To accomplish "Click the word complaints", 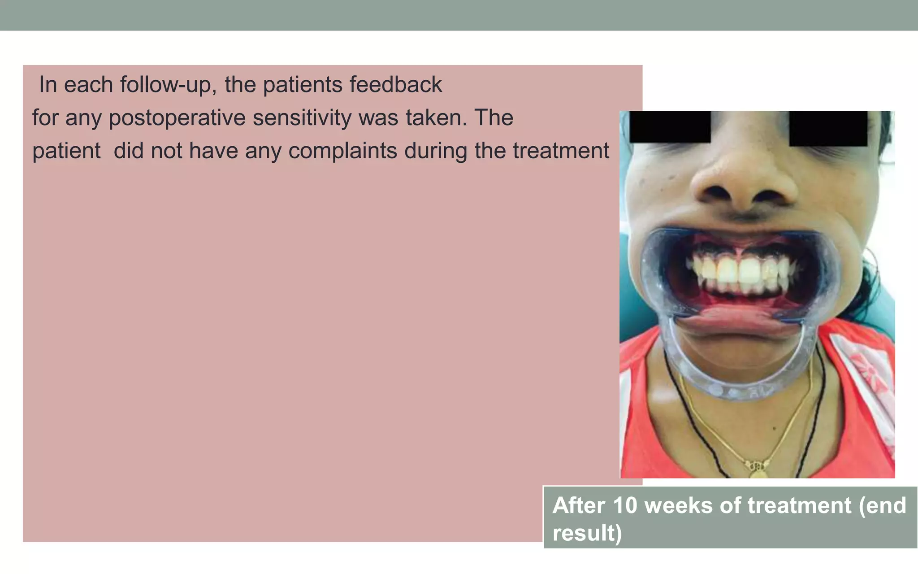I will pos(342,151).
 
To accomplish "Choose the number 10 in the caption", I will pos(625,505).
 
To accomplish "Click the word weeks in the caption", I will pos(678,505).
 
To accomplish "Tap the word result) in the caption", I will pos(587,533).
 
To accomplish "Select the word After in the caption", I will pos(579,505).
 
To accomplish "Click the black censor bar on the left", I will pos(670,127).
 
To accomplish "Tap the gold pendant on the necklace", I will pos(757,469).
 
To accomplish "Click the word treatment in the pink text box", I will pos(561,151).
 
